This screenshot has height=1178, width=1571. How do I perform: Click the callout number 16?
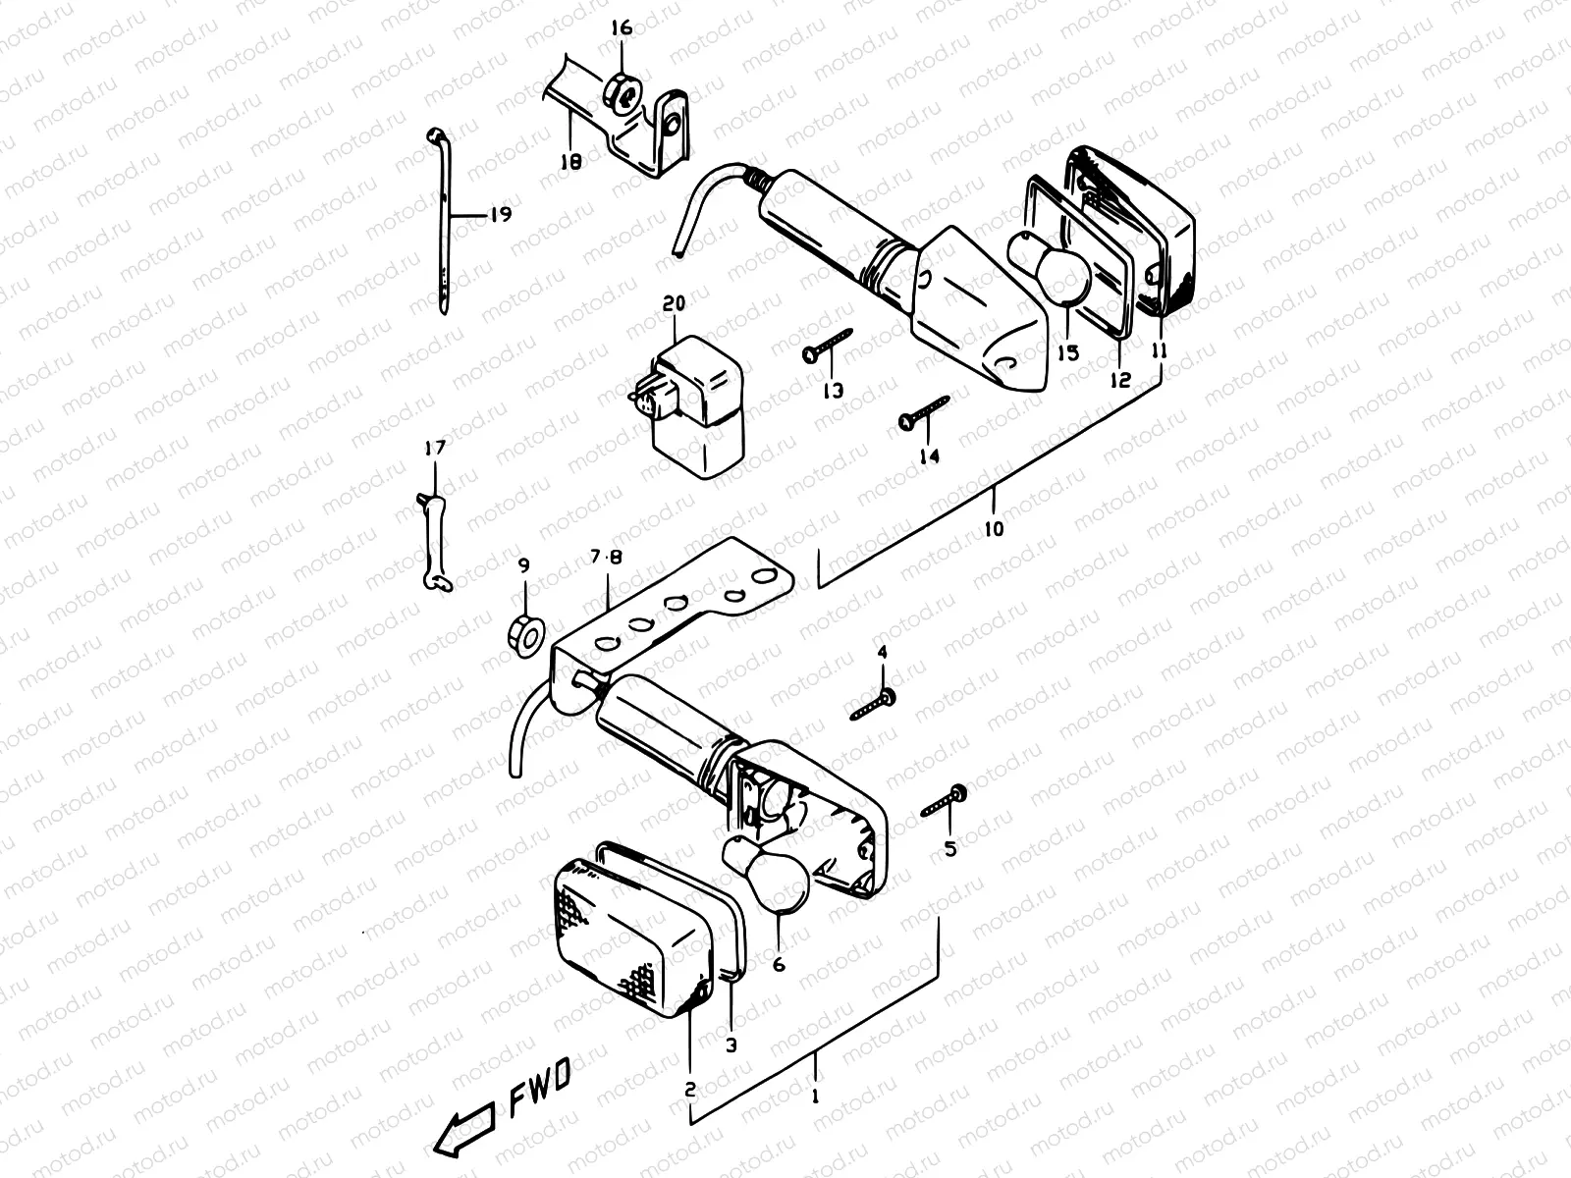click(622, 28)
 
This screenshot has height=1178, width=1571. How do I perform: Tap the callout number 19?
click(501, 214)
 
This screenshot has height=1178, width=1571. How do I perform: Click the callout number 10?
click(994, 529)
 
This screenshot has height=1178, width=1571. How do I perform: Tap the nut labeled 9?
click(524, 636)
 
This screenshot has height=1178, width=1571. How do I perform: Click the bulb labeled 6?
click(768, 870)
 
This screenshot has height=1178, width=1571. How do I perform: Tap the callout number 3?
click(731, 1045)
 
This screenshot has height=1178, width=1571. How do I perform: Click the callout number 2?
click(689, 1090)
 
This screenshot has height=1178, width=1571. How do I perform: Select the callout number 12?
click(1120, 380)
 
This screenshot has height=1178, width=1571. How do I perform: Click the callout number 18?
click(571, 161)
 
